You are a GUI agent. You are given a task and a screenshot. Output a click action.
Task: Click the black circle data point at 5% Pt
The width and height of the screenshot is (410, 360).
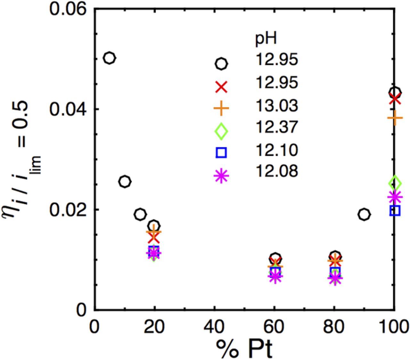coord(110,58)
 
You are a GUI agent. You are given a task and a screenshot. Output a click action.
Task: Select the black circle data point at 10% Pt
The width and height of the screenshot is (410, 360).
coord(125,182)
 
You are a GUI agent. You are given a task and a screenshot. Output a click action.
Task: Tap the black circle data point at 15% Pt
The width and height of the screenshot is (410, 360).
coord(140,214)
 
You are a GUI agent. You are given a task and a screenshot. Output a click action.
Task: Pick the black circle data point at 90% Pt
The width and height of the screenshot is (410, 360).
coord(364,214)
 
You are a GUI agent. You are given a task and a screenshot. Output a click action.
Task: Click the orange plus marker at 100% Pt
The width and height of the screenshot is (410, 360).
coord(395,118)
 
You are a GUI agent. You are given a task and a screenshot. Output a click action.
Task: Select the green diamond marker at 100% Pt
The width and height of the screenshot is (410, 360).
coord(395,183)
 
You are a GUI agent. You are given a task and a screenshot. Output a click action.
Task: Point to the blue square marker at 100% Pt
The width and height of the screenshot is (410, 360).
coord(395,211)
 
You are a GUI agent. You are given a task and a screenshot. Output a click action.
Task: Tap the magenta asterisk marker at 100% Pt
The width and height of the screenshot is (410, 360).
coord(395,197)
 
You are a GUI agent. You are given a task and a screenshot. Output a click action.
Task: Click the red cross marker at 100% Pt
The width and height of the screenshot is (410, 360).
coord(395,99)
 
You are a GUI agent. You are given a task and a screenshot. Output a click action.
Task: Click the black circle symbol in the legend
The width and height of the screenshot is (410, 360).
coord(221,64)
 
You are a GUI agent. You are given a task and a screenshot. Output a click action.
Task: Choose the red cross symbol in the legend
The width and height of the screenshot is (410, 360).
coord(221,87)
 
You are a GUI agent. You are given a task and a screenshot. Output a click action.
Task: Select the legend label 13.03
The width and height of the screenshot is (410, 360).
coord(276,105)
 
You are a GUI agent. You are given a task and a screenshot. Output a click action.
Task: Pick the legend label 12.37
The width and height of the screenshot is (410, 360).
coord(276,127)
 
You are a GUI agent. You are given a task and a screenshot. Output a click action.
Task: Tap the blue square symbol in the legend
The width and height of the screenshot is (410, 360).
coord(221,152)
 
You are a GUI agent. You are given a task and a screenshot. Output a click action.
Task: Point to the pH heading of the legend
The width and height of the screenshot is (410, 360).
coord(266,39)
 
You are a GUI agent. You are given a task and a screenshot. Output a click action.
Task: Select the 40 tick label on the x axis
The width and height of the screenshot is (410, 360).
coord(215,327)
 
